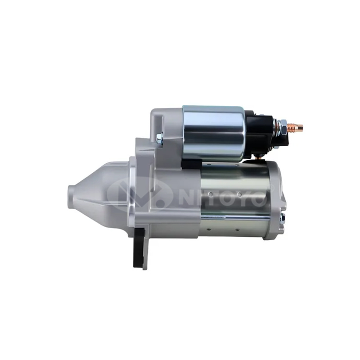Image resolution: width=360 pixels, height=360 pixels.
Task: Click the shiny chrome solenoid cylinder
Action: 213,133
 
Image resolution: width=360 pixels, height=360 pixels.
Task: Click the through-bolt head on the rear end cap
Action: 283,220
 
